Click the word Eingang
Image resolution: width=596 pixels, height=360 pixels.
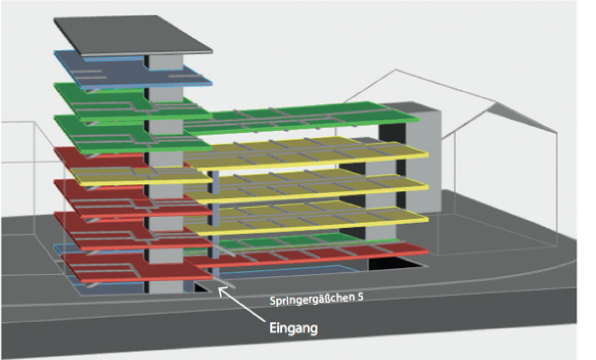coord(293,328)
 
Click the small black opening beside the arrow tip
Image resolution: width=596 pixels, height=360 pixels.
coord(201,287)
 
